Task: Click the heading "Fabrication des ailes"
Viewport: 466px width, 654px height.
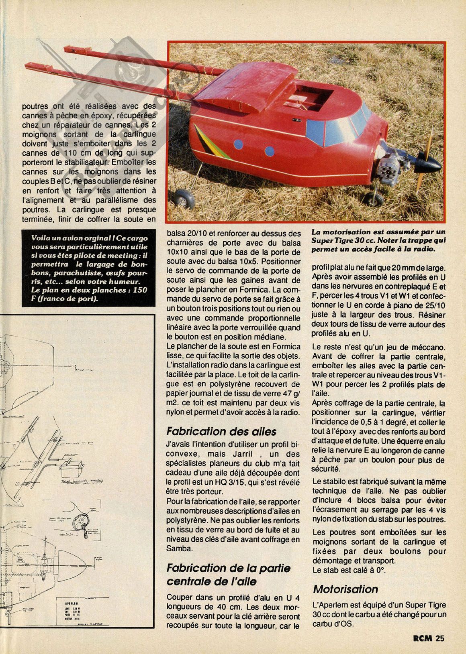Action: pyautogui.click(x=221, y=432)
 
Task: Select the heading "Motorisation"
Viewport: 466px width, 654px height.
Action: pyautogui.click(x=345, y=589)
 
